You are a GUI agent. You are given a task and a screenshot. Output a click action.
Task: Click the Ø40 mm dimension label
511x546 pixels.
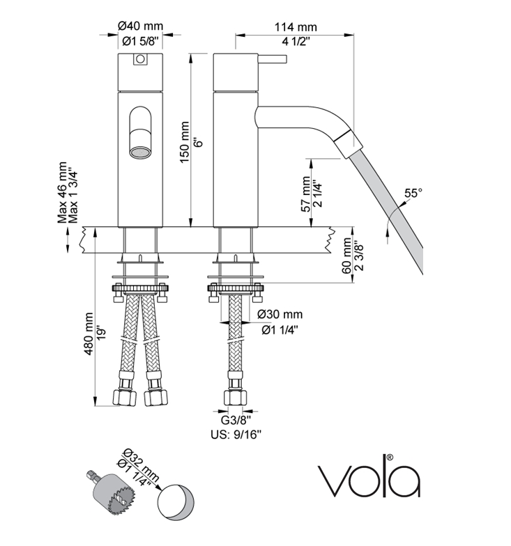point(141,26)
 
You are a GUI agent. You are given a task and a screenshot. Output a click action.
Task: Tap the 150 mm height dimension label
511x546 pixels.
point(185,142)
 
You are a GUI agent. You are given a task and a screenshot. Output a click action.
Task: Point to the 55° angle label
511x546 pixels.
point(413,193)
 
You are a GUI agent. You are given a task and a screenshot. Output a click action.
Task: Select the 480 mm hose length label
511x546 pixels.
point(89,334)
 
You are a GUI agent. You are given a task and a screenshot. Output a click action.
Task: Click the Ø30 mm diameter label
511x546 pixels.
point(280,314)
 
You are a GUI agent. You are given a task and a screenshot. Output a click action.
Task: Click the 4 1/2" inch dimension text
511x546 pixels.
point(296,41)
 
